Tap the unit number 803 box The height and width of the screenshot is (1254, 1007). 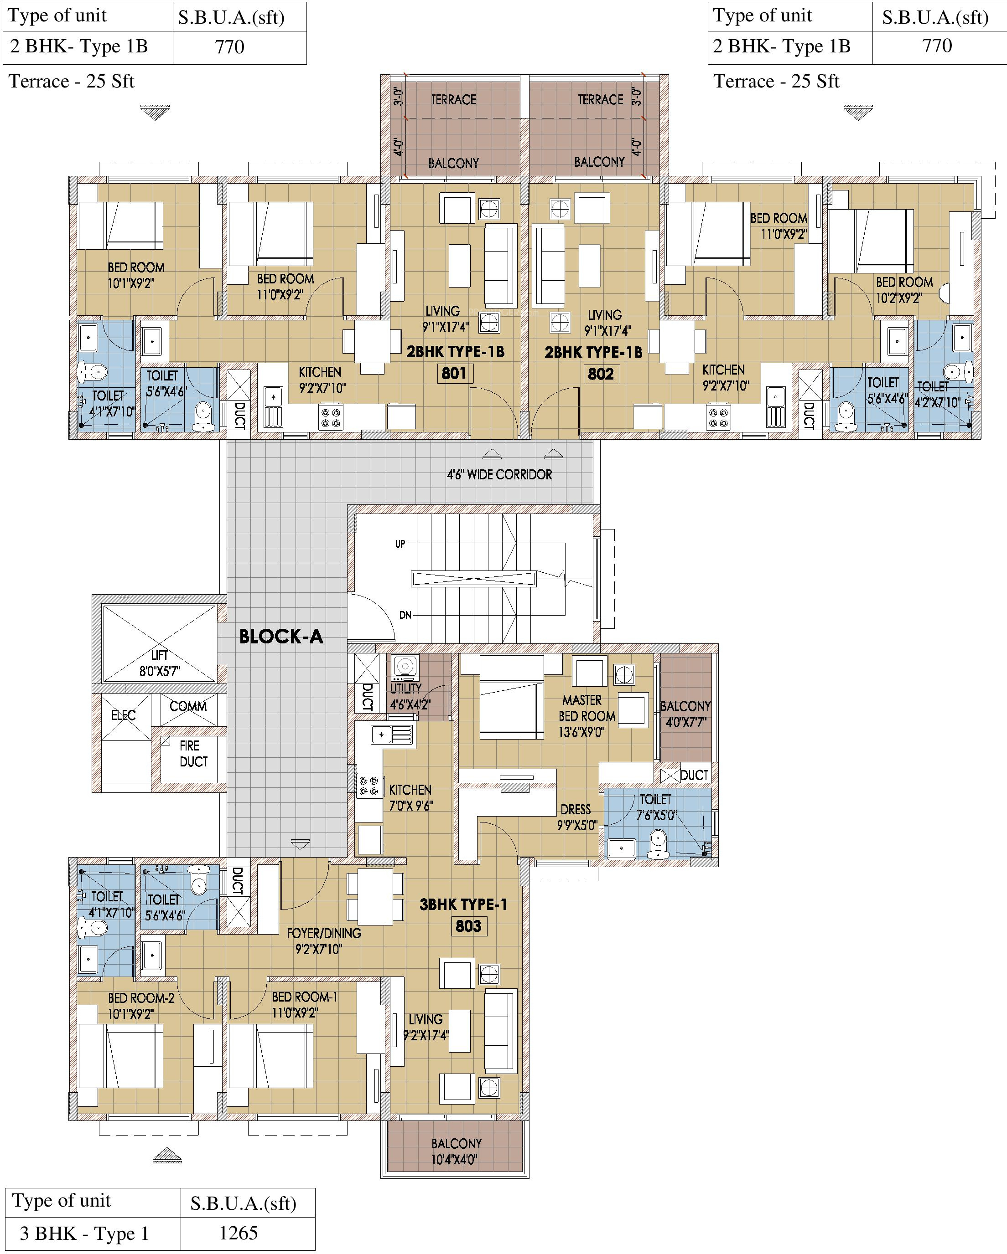[468, 926]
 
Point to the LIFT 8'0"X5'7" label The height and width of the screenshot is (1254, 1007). [160, 663]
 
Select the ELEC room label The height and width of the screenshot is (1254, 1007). [124, 715]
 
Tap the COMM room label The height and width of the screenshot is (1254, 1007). [188, 706]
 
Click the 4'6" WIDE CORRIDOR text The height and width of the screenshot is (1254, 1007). [499, 475]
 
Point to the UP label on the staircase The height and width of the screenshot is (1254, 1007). [400, 544]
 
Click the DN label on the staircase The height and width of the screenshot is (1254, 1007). [405, 615]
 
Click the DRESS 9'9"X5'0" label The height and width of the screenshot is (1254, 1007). [577, 817]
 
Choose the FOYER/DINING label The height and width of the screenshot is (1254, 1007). [324, 934]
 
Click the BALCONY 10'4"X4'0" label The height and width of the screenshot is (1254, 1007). [456, 1151]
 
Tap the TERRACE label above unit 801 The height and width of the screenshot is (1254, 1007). [453, 99]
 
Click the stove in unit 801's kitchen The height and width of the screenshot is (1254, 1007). [331, 417]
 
